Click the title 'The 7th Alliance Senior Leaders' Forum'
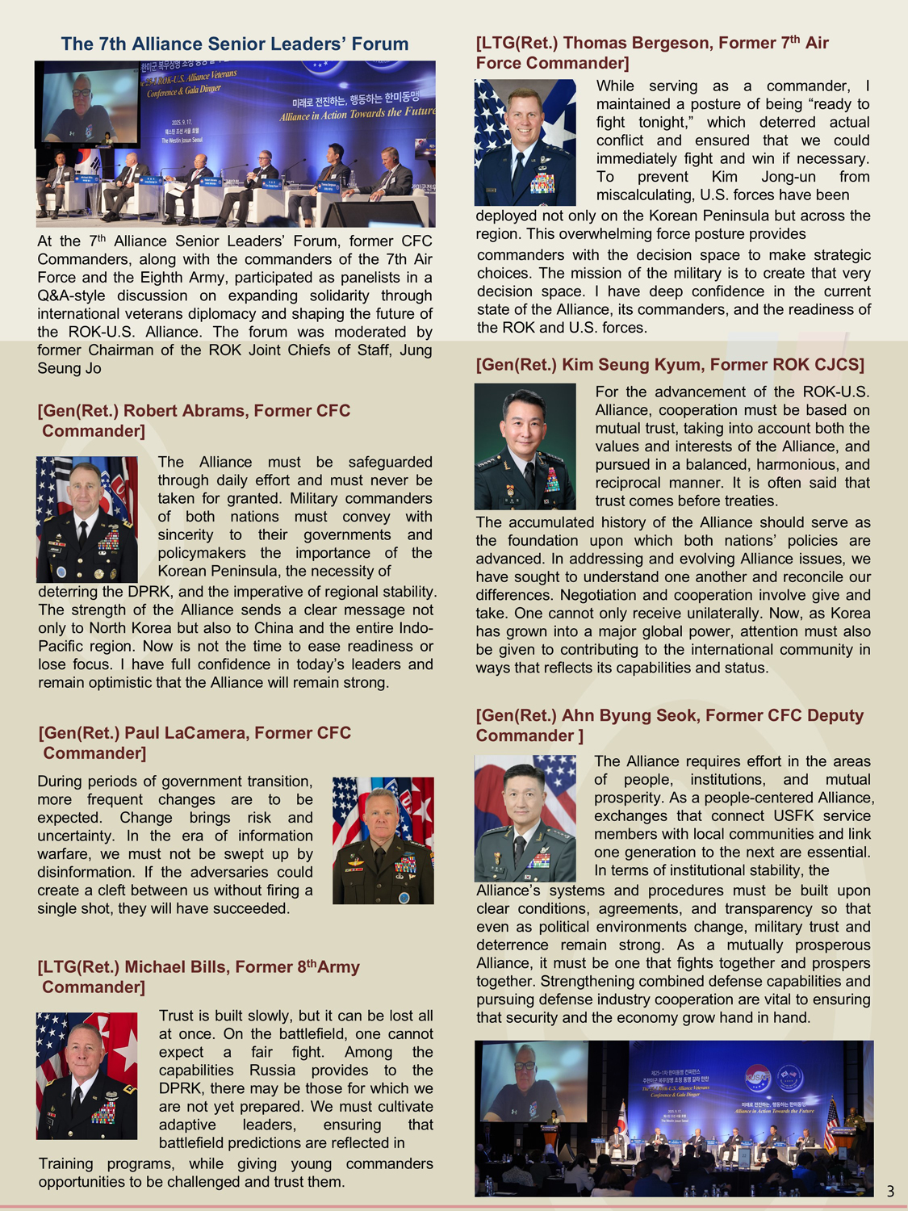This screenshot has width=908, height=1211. coord(235,44)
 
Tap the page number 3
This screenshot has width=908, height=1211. coord(890,1191)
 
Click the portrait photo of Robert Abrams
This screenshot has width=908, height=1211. coord(87,519)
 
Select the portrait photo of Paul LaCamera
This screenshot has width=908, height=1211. coord(383,840)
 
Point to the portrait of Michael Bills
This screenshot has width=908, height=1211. coord(87,1075)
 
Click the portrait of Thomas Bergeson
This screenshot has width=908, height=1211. coord(525,142)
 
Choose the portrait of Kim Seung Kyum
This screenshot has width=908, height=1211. coord(525,446)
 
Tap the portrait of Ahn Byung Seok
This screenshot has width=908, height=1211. coord(525,818)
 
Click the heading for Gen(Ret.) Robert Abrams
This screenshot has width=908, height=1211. coord(194,421)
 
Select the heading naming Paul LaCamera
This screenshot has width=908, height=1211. coord(195,743)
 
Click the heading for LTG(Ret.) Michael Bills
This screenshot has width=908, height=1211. coord(199,977)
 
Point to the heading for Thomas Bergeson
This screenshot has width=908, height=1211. coord(652,52)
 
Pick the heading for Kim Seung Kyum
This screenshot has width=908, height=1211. coord(670,365)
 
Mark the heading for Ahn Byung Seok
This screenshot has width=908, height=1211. coord(670,725)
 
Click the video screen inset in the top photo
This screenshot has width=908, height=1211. coord(87,105)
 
